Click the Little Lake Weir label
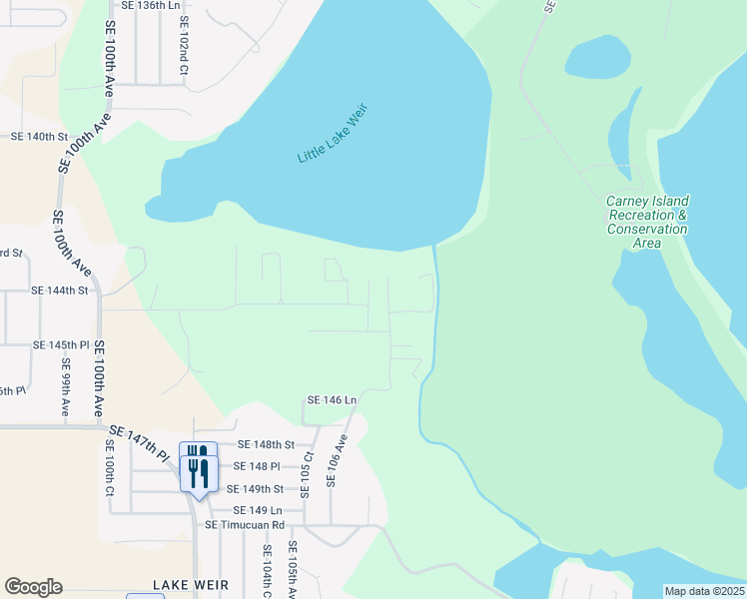pyautogui.click(x=333, y=133)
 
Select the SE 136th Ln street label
pyautogui.click(x=151, y=6)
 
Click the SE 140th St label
pyautogui.click(x=38, y=136)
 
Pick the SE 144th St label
pyautogui.click(x=60, y=291)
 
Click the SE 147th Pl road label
pyautogui.click(x=138, y=443)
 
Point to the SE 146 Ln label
pyautogui.click(x=333, y=400)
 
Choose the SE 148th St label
pyautogui.click(x=267, y=444)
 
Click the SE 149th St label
pyautogui.click(x=256, y=489)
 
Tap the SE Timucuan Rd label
pyautogui.click(x=245, y=524)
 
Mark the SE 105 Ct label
pyautogui.click(x=309, y=471)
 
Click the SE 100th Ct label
pyautogui.click(x=109, y=466)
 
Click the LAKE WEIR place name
pyautogui.click(x=191, y=585)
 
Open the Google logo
pyautogui.click(x=34, y=587)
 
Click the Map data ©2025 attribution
pyautogui.click(x=704, y=591)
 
